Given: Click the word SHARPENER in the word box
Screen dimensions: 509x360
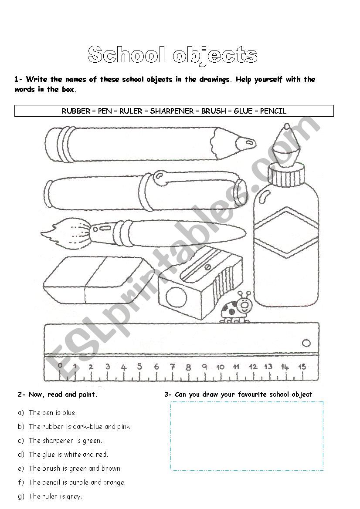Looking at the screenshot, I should (x=172, y=111).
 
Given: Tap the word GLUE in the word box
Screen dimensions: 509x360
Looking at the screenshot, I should (x=243, y=111).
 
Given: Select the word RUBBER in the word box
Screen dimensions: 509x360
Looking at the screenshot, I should (x=75, y=111).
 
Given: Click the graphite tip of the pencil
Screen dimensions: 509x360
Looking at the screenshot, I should (x=248, y=142).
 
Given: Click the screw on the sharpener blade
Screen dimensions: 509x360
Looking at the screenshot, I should (x=207, y=267).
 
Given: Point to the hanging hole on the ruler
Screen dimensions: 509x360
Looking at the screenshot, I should (x=306, y=343).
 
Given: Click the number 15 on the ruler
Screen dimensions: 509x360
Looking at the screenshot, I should (x=302, y=367).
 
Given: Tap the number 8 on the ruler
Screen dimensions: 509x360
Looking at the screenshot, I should (x=188, y=367).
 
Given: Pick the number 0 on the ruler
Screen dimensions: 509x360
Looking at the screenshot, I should (x=60, y=366).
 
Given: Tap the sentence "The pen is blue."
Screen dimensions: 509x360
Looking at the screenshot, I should (x=52, y=412).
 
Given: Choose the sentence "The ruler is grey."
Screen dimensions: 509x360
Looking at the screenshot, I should (x=55, y=496).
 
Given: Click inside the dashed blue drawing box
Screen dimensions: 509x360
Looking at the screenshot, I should (x=247, y=435).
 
